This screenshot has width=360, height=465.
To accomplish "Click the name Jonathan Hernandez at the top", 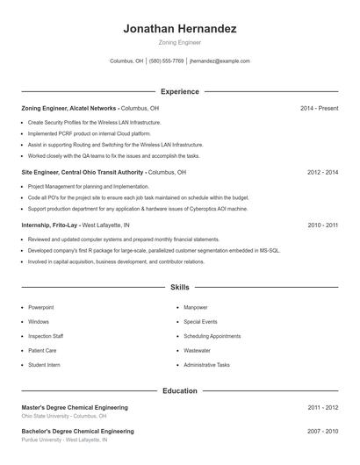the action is [180, 28].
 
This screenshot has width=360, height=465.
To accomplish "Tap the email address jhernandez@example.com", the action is [220, 61].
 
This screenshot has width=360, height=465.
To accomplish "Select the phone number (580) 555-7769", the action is [166, 61].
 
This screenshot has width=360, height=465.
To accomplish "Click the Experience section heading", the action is [180, 91].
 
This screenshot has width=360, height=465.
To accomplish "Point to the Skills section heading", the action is [180, 287].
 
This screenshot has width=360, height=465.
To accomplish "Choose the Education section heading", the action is [180, 390].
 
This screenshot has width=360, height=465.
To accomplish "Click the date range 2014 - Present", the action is [319, 108].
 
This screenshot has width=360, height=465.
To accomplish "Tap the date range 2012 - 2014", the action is [322, 173].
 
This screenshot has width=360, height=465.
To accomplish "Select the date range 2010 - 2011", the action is [322, 225].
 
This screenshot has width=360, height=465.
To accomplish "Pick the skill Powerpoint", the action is [41, 307].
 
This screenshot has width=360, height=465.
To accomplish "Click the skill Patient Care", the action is [42, 350].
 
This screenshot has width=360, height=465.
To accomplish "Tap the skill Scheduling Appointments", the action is [212, 336].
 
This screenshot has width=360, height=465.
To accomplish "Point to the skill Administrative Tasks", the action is [206, 365].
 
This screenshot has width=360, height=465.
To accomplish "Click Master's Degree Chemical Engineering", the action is [75, 407].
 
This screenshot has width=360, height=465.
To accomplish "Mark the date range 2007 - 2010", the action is [322, 432].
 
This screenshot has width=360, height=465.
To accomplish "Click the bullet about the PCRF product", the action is [78, 133].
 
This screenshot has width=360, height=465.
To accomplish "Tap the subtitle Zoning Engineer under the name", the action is [180, 42].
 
